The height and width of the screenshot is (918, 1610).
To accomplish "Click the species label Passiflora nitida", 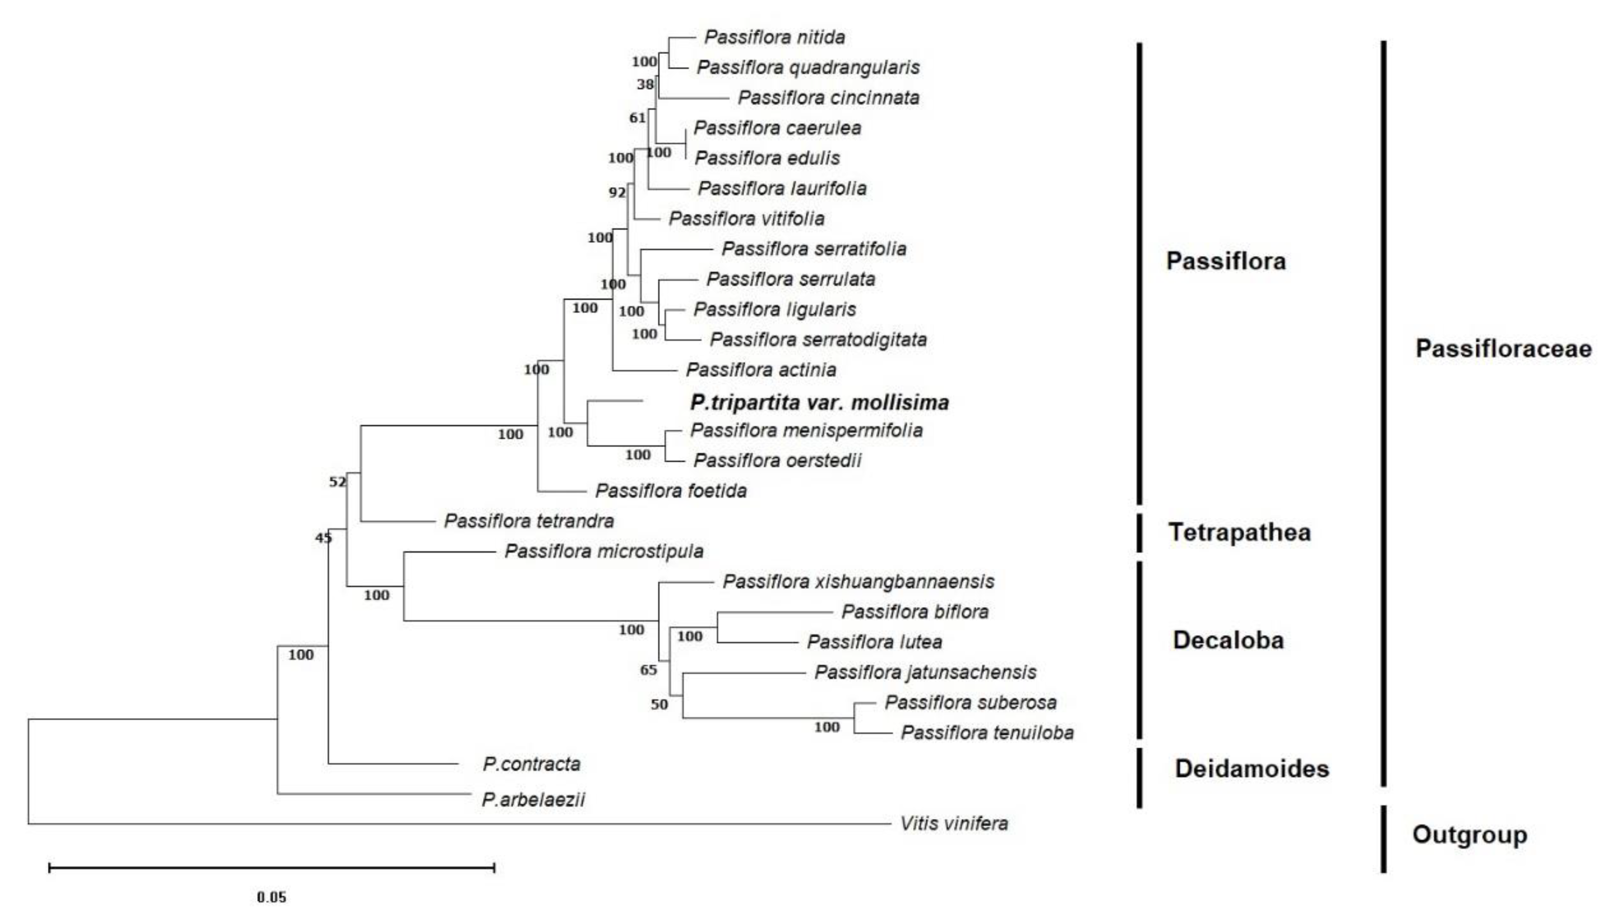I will point(774,37).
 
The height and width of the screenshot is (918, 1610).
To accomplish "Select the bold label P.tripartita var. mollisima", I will point(819,402).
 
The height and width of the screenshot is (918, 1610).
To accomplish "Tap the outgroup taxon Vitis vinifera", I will point(953,823).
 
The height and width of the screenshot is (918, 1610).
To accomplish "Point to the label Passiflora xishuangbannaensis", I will point(858,582).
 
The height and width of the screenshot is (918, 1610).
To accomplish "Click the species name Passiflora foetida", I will point(670,491).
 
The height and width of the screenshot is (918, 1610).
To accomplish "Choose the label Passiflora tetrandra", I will point(529,521).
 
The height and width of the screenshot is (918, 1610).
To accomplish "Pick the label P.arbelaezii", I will point(533,799).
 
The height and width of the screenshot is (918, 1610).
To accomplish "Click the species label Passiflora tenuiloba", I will point(987,732).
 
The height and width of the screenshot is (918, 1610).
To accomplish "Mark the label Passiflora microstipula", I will point(604,551).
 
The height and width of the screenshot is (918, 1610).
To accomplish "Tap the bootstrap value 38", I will point(645,84).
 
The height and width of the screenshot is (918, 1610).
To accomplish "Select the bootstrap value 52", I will point(337,482).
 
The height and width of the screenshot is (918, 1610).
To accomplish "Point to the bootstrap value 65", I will point(648,670).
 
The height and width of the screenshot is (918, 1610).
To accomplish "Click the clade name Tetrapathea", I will point(1239,532).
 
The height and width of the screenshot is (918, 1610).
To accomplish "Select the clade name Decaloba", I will point(1227,640).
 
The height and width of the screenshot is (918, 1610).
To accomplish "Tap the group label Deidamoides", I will point(1252,769).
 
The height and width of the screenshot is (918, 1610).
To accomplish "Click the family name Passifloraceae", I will point(1503,349).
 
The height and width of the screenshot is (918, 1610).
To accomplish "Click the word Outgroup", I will point(1469,835).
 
